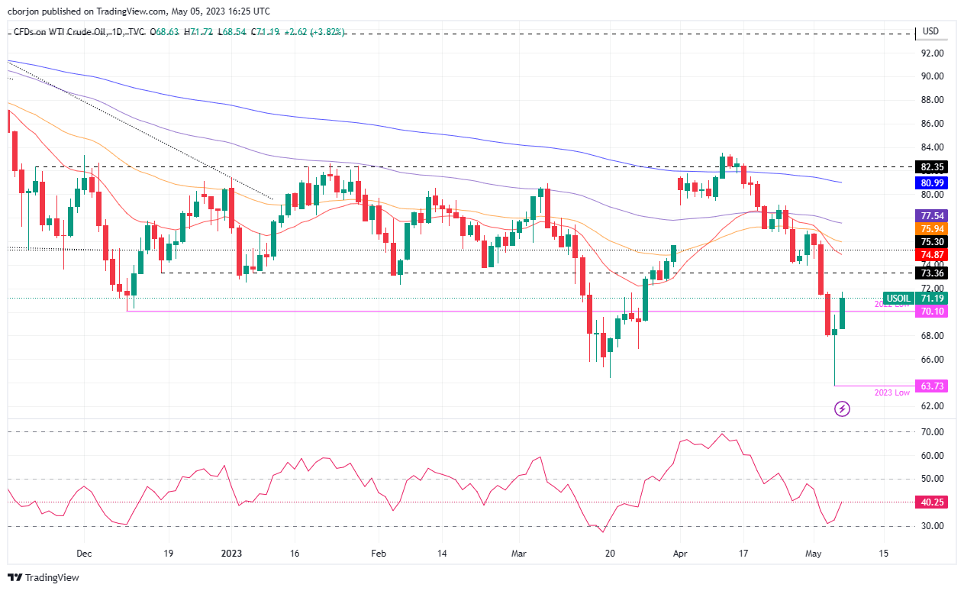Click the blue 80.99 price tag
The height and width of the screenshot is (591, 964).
click(931, 183)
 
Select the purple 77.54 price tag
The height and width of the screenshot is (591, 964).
click(931, 216)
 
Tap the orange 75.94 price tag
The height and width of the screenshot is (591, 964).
click(931, 229)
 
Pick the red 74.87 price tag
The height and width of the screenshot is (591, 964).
click(931, 255)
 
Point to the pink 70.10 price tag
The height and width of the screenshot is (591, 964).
click(931, 312)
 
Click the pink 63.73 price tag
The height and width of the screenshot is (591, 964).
click(931, 386)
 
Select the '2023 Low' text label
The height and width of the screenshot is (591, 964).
click(892, 392)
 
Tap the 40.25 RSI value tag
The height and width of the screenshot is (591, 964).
click(931, 502)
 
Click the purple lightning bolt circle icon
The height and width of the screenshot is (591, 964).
click(842, 409)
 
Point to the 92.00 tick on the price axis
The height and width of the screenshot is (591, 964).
click(931, 53)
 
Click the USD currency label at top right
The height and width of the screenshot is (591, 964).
click(930, 32)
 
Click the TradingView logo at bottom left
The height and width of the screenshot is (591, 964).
click(44, 578)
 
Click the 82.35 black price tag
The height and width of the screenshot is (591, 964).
click(931, 166)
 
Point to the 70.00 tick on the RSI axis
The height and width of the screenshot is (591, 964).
click(931, 432)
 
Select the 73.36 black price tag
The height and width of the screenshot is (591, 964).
click(931, 273)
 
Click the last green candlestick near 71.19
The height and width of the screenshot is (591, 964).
click(843, 313)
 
